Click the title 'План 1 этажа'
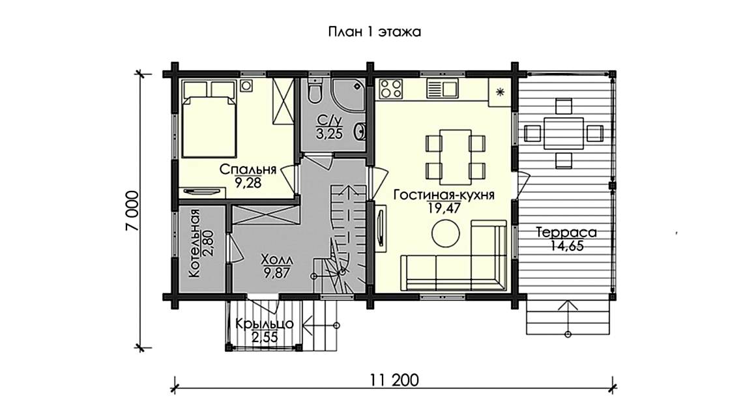point(371,32)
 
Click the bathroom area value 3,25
point(329,134)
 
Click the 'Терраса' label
point(566,233)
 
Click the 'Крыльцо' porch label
point(264,323)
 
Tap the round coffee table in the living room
point(446,233)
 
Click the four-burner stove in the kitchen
point(391,88)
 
